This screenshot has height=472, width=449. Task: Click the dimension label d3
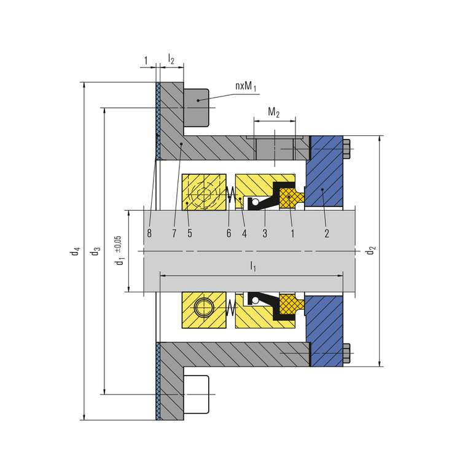[x=95, y=251]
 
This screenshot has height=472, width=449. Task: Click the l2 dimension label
[x=171, y=60]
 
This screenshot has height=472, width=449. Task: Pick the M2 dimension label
[x=274, y=112]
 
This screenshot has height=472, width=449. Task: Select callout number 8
[x=149, y=233]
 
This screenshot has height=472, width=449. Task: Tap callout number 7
[x=174, y=233]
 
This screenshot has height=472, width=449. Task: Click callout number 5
[x=190, y=233]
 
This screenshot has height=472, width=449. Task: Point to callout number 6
[x=228, y=233]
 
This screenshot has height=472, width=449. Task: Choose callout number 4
[x=244, y=233]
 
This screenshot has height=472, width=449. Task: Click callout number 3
[x=265, y=233]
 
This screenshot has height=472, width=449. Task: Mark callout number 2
[x=327, y=233]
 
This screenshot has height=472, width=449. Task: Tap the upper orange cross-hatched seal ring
[x=290, y=198]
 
